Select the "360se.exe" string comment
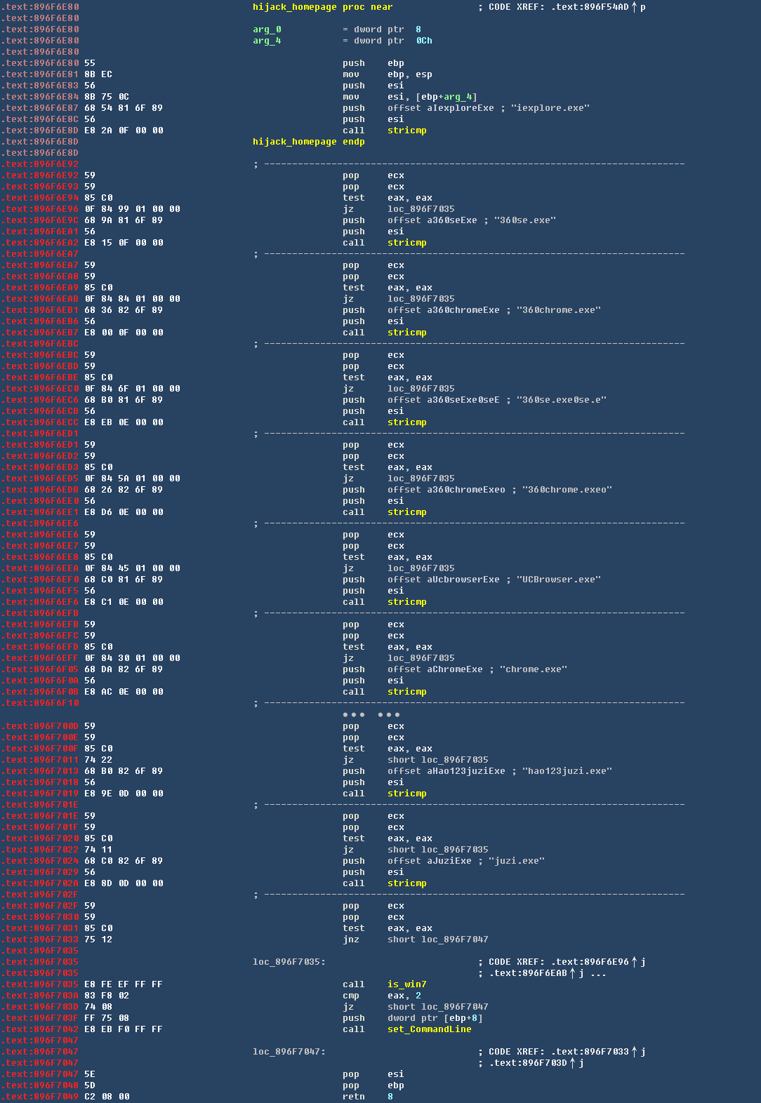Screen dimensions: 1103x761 [x=525, y=220]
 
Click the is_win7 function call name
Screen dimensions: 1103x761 [x=406, y=984]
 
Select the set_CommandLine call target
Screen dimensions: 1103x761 [x=429, y=1029]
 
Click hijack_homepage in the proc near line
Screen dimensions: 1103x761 [x=294, y=7]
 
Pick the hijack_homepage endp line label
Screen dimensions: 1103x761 [x=294, y=142]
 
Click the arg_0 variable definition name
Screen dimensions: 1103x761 [x=267, y=29]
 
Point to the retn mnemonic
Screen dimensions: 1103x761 [x=354, y=1097]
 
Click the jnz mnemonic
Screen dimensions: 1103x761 [x=351, y=940]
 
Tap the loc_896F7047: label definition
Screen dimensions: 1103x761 [x=289, y=1052]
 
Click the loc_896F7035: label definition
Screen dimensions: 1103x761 [x=289, y=962]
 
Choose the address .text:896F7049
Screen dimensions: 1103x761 [x=40, y=1097]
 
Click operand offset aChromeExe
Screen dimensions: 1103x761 [x=435, y=669]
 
